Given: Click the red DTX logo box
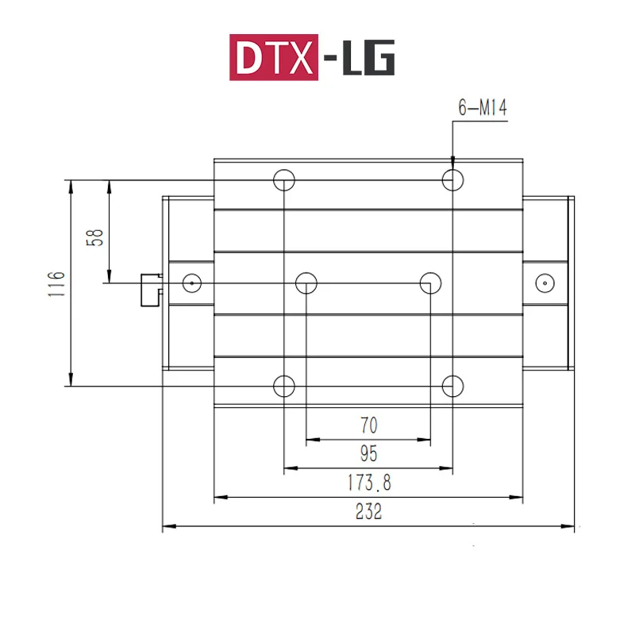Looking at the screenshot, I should pyautogui.click(x=274, y=58).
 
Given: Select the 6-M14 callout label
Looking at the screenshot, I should pyautogui.click(x=482, y=109).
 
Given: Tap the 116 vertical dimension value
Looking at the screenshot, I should pyautogui.click(x=55, y=283).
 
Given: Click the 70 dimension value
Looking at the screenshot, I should pyautogui.click(x=368, y=425).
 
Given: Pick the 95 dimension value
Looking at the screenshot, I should pyautogui.click(x=368, y=454).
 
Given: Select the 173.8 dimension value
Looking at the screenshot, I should pyautogui.click(x=368, y=483).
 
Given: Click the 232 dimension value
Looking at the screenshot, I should pyautogui.click(x=368, y=512).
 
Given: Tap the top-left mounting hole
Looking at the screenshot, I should pyautogui.click(x=284, y=180).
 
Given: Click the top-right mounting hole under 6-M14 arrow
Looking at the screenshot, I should pyautogui.click(x=452, y=180).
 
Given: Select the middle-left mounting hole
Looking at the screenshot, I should pyautogui.click(x=306, y=282).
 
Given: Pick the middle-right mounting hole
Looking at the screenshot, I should pyautogui.click(x=431, y=282).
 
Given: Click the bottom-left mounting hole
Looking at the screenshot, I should pyautogui.click(x=284, y=386).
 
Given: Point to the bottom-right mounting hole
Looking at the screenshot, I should pyautogui.click(x=452, y=386).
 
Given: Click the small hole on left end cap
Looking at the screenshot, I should pyautogui.click(x=191, y=282).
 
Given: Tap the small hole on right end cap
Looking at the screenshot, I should pyautogui.click(x=544, y=282).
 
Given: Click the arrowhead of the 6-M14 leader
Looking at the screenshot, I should pyautogui.click(x=452, y=162).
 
